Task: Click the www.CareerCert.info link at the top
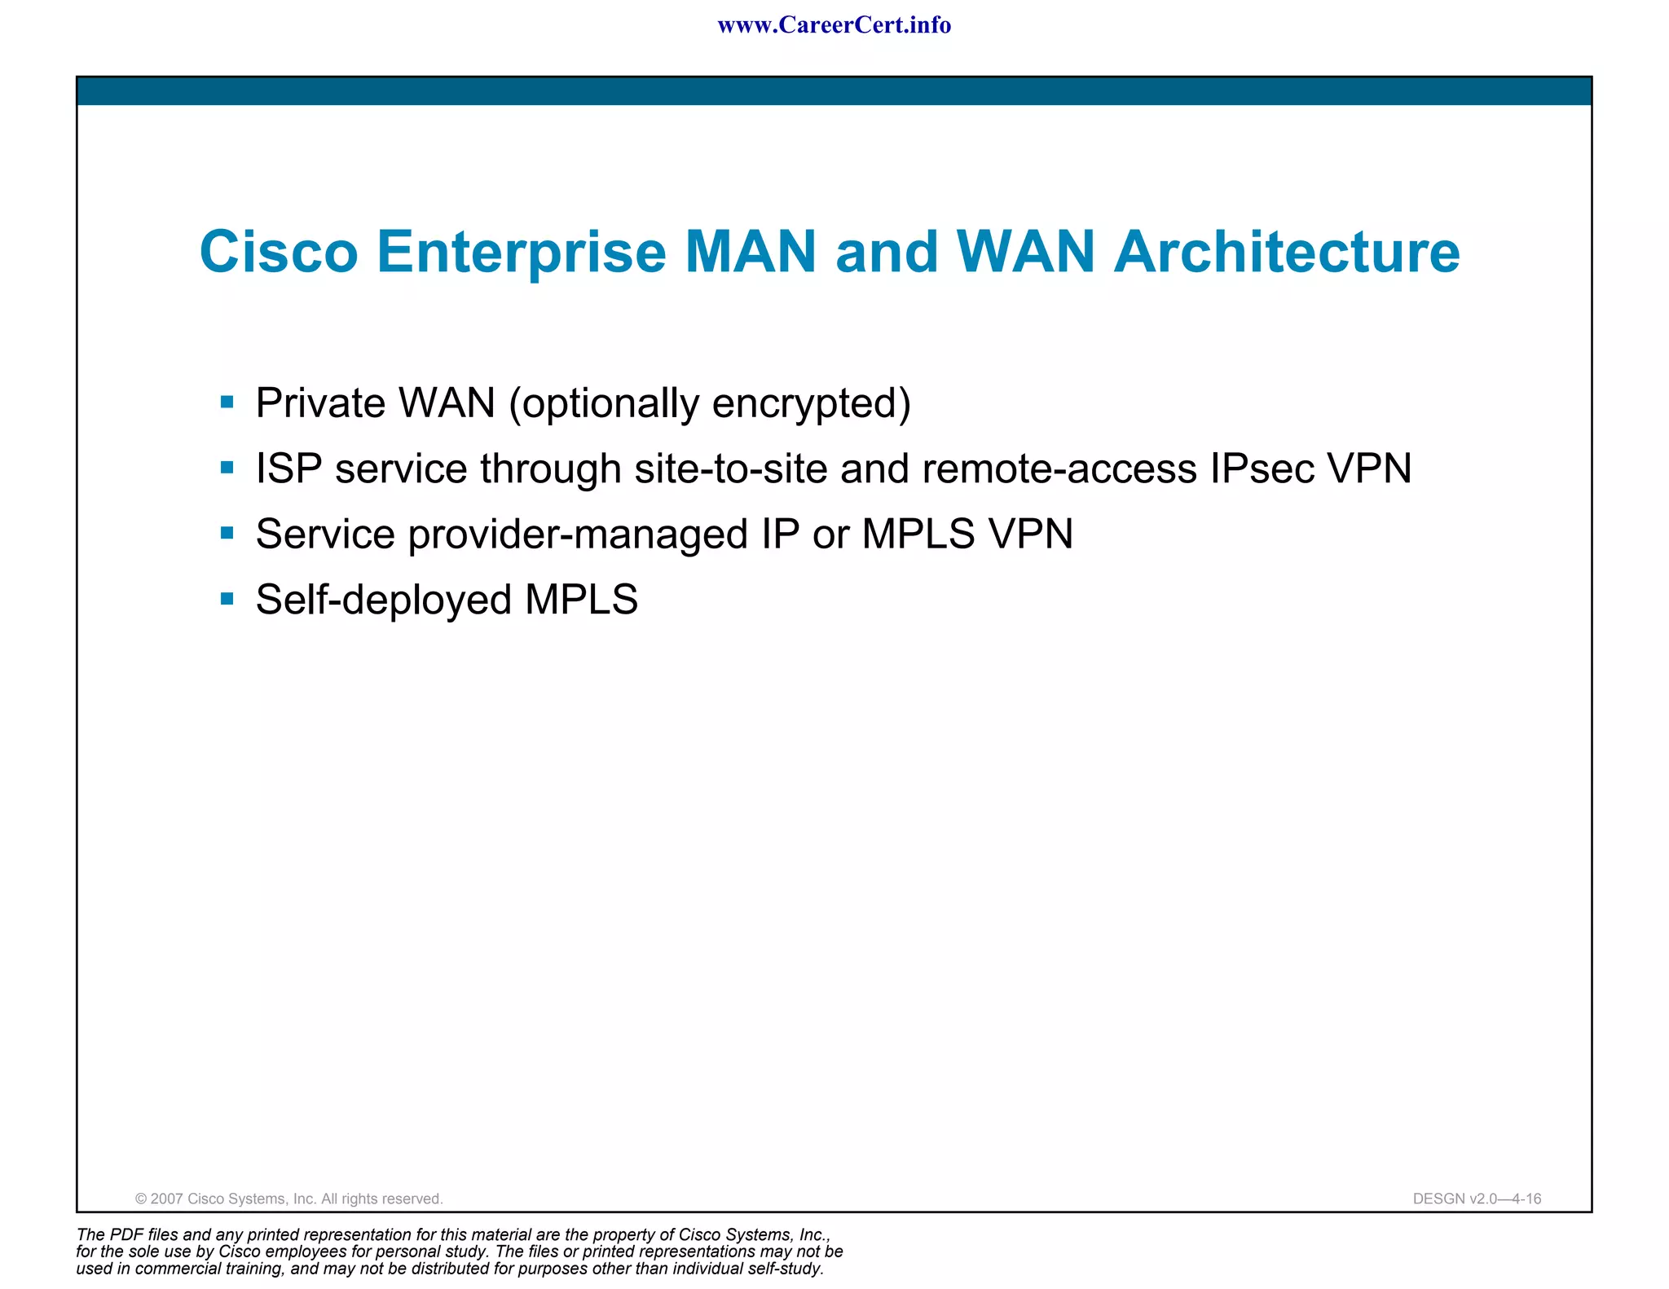(834, 25)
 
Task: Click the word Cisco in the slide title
(279, 251)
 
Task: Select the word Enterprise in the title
(522, 253)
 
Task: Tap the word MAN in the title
(751, 251)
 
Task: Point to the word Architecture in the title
(1287, 251)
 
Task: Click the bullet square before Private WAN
(227, 402)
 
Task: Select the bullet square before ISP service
(227, 468)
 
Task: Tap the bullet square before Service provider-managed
(227, 534)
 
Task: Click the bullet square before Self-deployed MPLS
(227, 600)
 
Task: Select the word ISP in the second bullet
(288, 469)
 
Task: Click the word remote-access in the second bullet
(1059, 469)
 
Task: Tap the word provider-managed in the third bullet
(579, 535)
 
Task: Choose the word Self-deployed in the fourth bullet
(383, 601)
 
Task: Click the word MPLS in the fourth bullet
(581, 600)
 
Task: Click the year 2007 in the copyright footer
(167, 1199)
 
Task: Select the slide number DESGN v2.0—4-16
(1477, 1199)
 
